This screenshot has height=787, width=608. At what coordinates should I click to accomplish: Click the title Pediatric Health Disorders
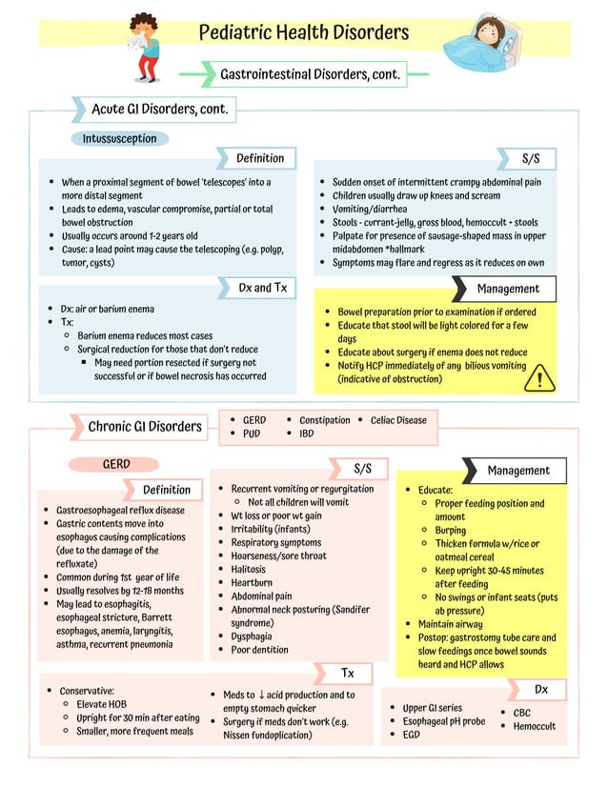point(303,33)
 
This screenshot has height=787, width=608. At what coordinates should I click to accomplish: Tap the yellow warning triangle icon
point(539,378)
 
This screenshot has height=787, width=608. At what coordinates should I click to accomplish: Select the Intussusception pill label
point(119,139)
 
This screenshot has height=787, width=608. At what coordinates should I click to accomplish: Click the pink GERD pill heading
point(116,465)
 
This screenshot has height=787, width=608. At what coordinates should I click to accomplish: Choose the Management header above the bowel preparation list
point(508,289)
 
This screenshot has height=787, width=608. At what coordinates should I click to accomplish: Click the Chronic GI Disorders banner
point(145,427)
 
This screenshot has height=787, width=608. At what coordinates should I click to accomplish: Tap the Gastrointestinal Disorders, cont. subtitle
point(310,73)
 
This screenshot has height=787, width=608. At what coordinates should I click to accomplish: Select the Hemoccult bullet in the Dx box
point(535,726)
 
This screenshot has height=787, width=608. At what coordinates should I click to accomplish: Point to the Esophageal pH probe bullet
point(443,721)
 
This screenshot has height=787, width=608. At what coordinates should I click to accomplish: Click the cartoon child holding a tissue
point(145,46)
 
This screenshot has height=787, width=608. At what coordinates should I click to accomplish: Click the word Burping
point(451,531)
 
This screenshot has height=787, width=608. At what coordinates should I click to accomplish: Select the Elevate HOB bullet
point(103,704)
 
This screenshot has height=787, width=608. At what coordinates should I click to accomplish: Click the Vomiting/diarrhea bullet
point(369,209)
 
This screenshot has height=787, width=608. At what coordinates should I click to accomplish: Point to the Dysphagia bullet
point(252,636)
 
